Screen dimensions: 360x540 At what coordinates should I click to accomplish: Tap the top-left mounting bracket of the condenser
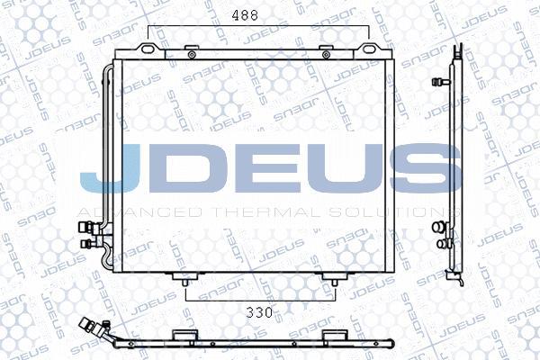coord(153,49)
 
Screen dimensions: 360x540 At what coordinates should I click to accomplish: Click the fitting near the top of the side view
coord(443,80)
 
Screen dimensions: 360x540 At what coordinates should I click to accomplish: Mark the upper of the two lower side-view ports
coord(440,226)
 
